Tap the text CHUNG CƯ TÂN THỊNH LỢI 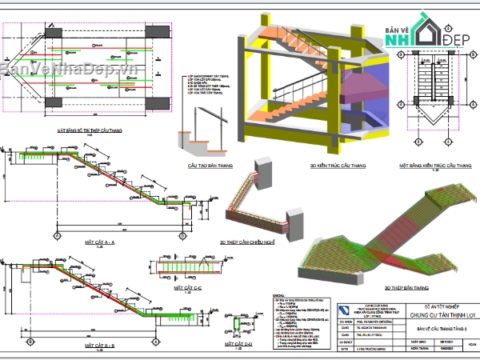tap(432, 314)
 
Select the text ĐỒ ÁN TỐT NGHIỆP tap(432, 306)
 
